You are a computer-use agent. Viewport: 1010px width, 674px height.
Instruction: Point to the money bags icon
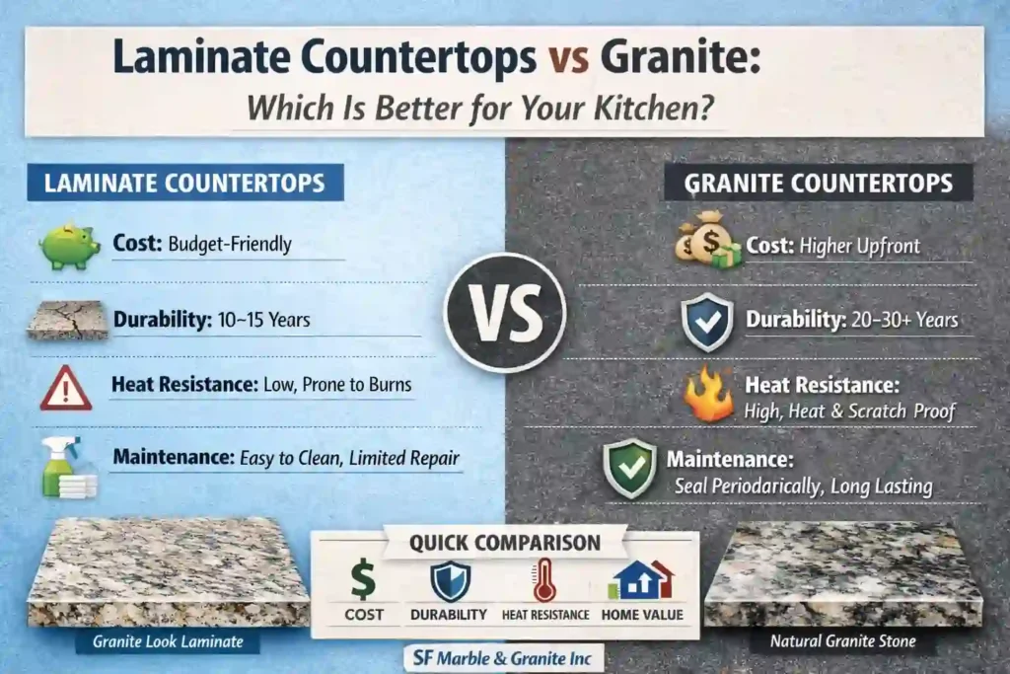(707, 241)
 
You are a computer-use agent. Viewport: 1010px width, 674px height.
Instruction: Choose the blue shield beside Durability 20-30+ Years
(709, 322)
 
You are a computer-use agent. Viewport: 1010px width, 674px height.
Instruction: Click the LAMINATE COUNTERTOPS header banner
(185, 183)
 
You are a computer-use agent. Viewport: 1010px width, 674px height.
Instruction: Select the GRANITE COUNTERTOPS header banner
(819, 183)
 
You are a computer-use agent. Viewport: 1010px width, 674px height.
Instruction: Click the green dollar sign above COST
(363, 580)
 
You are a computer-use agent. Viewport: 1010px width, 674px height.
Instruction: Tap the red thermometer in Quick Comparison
(544, 580)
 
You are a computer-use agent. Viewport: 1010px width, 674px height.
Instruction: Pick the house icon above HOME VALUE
(642, 580)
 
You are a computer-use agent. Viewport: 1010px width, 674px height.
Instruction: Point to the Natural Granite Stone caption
(842, 641)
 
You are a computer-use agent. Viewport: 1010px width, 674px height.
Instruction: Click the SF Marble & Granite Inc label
(505, 656)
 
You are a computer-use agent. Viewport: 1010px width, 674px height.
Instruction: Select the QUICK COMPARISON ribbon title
(504, 542)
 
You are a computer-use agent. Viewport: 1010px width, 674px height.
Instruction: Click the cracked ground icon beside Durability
(67, 320)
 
